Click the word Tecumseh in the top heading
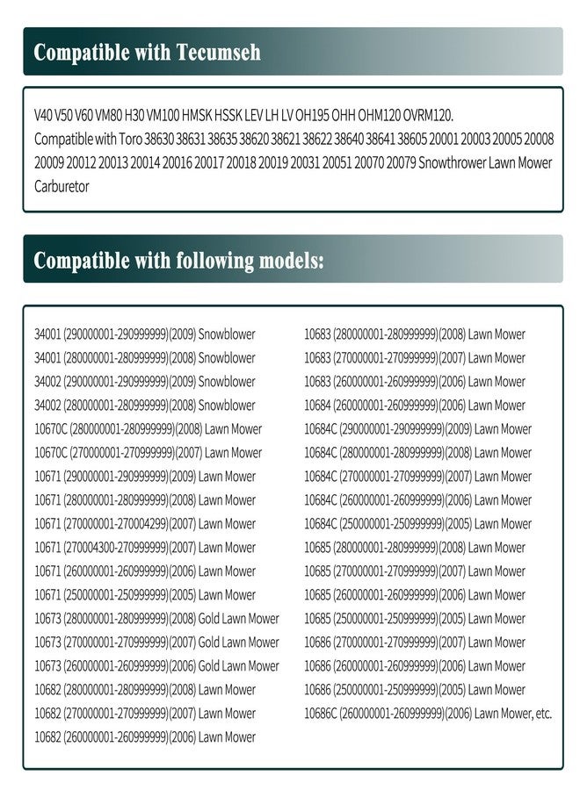[x=221, y=52]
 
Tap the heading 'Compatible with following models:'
[x=179, y=260]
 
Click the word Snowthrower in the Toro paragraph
[x=455, y=163]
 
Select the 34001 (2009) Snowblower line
[x=145, y=334]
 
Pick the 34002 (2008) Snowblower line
[x=145, y=406]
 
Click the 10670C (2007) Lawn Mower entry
[x=148, y=453]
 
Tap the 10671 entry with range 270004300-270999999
[x=145, y=548]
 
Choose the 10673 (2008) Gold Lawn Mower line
[x=156, y=619]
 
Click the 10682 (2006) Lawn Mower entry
[x=145, y=737]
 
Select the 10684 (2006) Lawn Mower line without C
[x=415, y=406]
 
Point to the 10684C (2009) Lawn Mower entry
[x=417, y=429]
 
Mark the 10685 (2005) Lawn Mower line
[x=415, y=619]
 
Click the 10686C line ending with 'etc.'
[x=428, y=714]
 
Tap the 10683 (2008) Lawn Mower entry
[x=415, y=334]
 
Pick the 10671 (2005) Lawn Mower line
[x=145, y=595]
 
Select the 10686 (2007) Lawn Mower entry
[x=415, y=643]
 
